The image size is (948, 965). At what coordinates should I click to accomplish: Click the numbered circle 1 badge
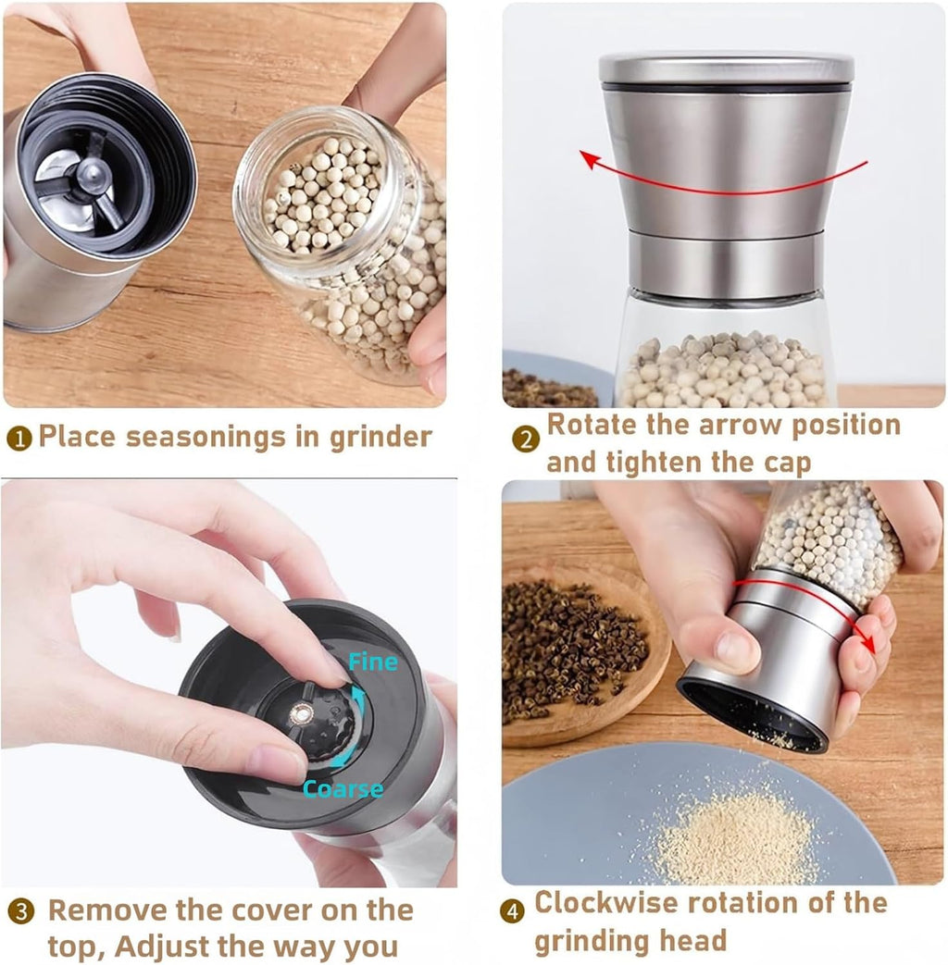19,439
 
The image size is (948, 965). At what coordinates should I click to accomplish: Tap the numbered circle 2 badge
526,439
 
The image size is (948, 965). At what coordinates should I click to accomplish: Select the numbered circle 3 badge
20,911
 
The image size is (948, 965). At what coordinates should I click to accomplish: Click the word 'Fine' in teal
373,662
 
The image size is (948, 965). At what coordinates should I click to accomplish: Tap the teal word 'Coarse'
343,789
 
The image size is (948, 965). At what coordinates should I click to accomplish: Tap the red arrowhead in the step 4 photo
867,642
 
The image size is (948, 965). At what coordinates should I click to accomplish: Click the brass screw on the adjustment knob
302,714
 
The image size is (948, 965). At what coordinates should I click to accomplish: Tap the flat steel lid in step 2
726,68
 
